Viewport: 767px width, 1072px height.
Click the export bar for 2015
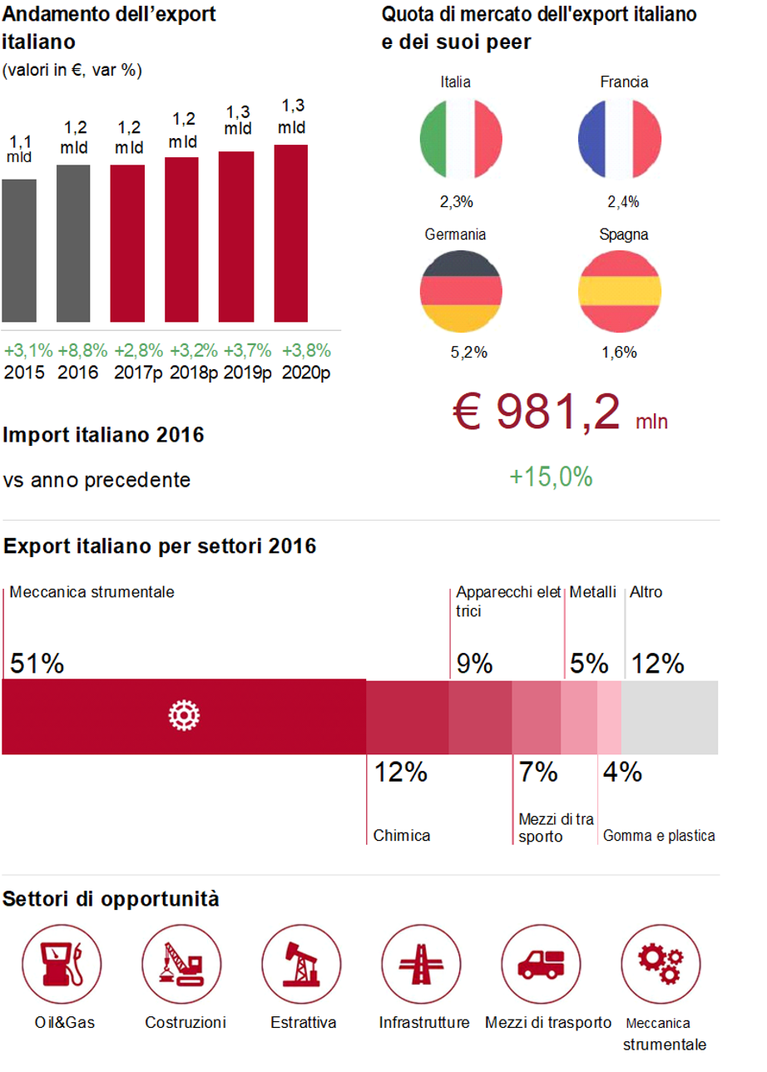click(18, 250)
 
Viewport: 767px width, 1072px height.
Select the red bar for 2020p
click(290, 233)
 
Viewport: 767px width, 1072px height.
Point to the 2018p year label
click(194, 372)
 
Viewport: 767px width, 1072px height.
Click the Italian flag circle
click(461, 138)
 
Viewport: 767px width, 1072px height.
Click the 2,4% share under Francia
click(623, 201)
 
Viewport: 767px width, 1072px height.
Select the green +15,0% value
click(551, 477)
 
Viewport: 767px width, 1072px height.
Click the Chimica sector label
click(402, 835)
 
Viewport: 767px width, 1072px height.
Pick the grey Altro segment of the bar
click(671, 717)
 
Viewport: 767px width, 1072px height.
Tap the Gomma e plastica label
click(659, 835)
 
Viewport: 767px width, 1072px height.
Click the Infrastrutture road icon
click(421, 966)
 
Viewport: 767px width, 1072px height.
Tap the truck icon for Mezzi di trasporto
click(541, 966)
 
